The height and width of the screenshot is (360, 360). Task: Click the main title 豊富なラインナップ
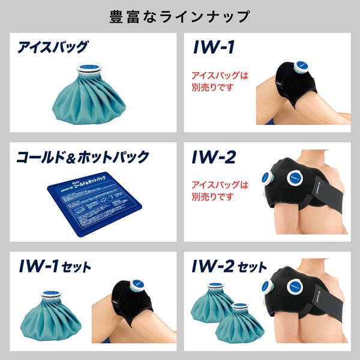tap(179, 16)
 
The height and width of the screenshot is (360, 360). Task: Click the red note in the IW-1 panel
tap(219, 82)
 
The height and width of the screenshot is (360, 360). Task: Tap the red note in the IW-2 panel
tap(219, 191)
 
